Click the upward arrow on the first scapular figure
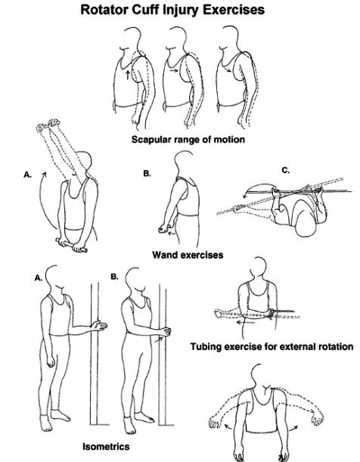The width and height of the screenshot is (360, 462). pos(127,75)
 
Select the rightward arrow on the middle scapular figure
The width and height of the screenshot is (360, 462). pos(175,70)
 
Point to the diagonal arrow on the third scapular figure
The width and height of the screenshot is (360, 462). pos(227,70)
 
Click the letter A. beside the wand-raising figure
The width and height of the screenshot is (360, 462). pos(27,175)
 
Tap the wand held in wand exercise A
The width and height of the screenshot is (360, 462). pos(71,245)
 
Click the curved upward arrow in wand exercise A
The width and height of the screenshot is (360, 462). pos(42,200)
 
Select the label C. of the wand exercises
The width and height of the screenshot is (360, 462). pos(286,170)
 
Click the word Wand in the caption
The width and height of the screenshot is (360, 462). pos(163,255)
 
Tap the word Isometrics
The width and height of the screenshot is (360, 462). pos(106,446)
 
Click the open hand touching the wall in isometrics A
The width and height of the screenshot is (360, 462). pos(100,326)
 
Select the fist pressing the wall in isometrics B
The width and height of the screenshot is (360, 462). pos(166,332)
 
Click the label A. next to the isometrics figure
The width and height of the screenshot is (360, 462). pos(39,278)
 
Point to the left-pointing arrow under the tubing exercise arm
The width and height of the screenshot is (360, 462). pos(245,323)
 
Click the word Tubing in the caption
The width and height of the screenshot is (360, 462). pos(206,346)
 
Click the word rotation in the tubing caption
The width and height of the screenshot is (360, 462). pos(336,346)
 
